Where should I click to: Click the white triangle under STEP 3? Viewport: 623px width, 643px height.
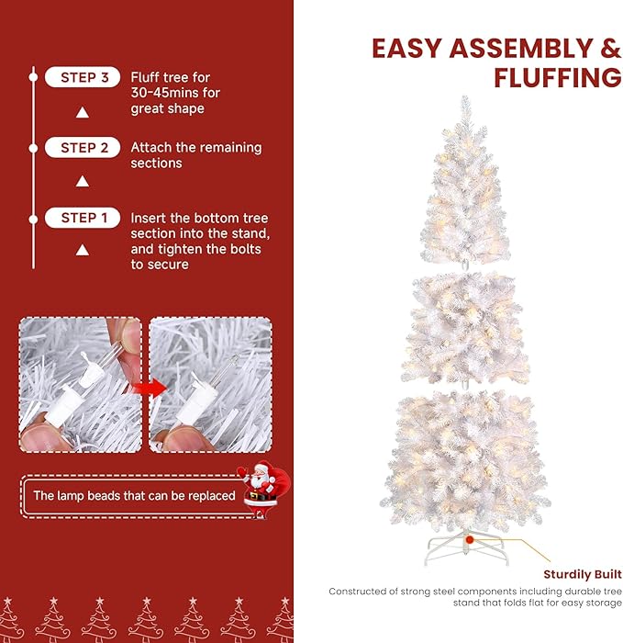click(x=83, y=112)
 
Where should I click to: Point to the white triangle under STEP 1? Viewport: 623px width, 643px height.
click(x=83, y=249)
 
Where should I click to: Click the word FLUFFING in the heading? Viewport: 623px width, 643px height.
click(x=557, y=78)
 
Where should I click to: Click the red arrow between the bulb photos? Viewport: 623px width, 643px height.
click(x=151, y=387)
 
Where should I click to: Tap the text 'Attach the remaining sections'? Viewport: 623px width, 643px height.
click(x=195, y=155)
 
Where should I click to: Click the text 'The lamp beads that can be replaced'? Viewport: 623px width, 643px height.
click(x=135, y=496)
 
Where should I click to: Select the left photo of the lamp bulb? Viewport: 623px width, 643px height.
click(x=81, y=385)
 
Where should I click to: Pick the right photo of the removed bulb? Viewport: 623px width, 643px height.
click(x=210, y=385)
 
